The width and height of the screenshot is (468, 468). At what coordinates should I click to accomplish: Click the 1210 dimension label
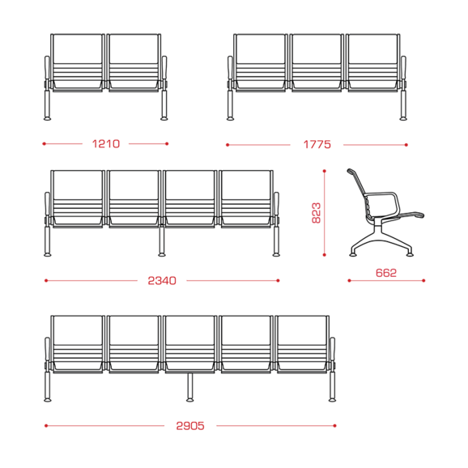[106, 144]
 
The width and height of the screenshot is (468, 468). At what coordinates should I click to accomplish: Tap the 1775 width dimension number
[317, 145]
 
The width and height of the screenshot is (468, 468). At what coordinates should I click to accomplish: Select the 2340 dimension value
[162, 281]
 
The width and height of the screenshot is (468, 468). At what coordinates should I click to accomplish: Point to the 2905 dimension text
[190, 426]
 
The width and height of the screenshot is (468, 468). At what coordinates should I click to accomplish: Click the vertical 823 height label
[316, 213]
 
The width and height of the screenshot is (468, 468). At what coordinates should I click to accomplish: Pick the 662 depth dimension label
[386, 273]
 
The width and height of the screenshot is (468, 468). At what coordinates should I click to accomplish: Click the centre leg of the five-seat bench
[189, 387]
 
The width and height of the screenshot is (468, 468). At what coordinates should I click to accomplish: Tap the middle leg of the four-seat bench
[161, 240]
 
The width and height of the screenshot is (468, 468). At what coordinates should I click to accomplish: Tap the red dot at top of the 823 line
[325, 171]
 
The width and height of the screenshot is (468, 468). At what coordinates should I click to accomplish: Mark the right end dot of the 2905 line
[335, 426]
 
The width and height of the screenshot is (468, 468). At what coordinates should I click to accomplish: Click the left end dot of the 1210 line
[45, 144]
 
